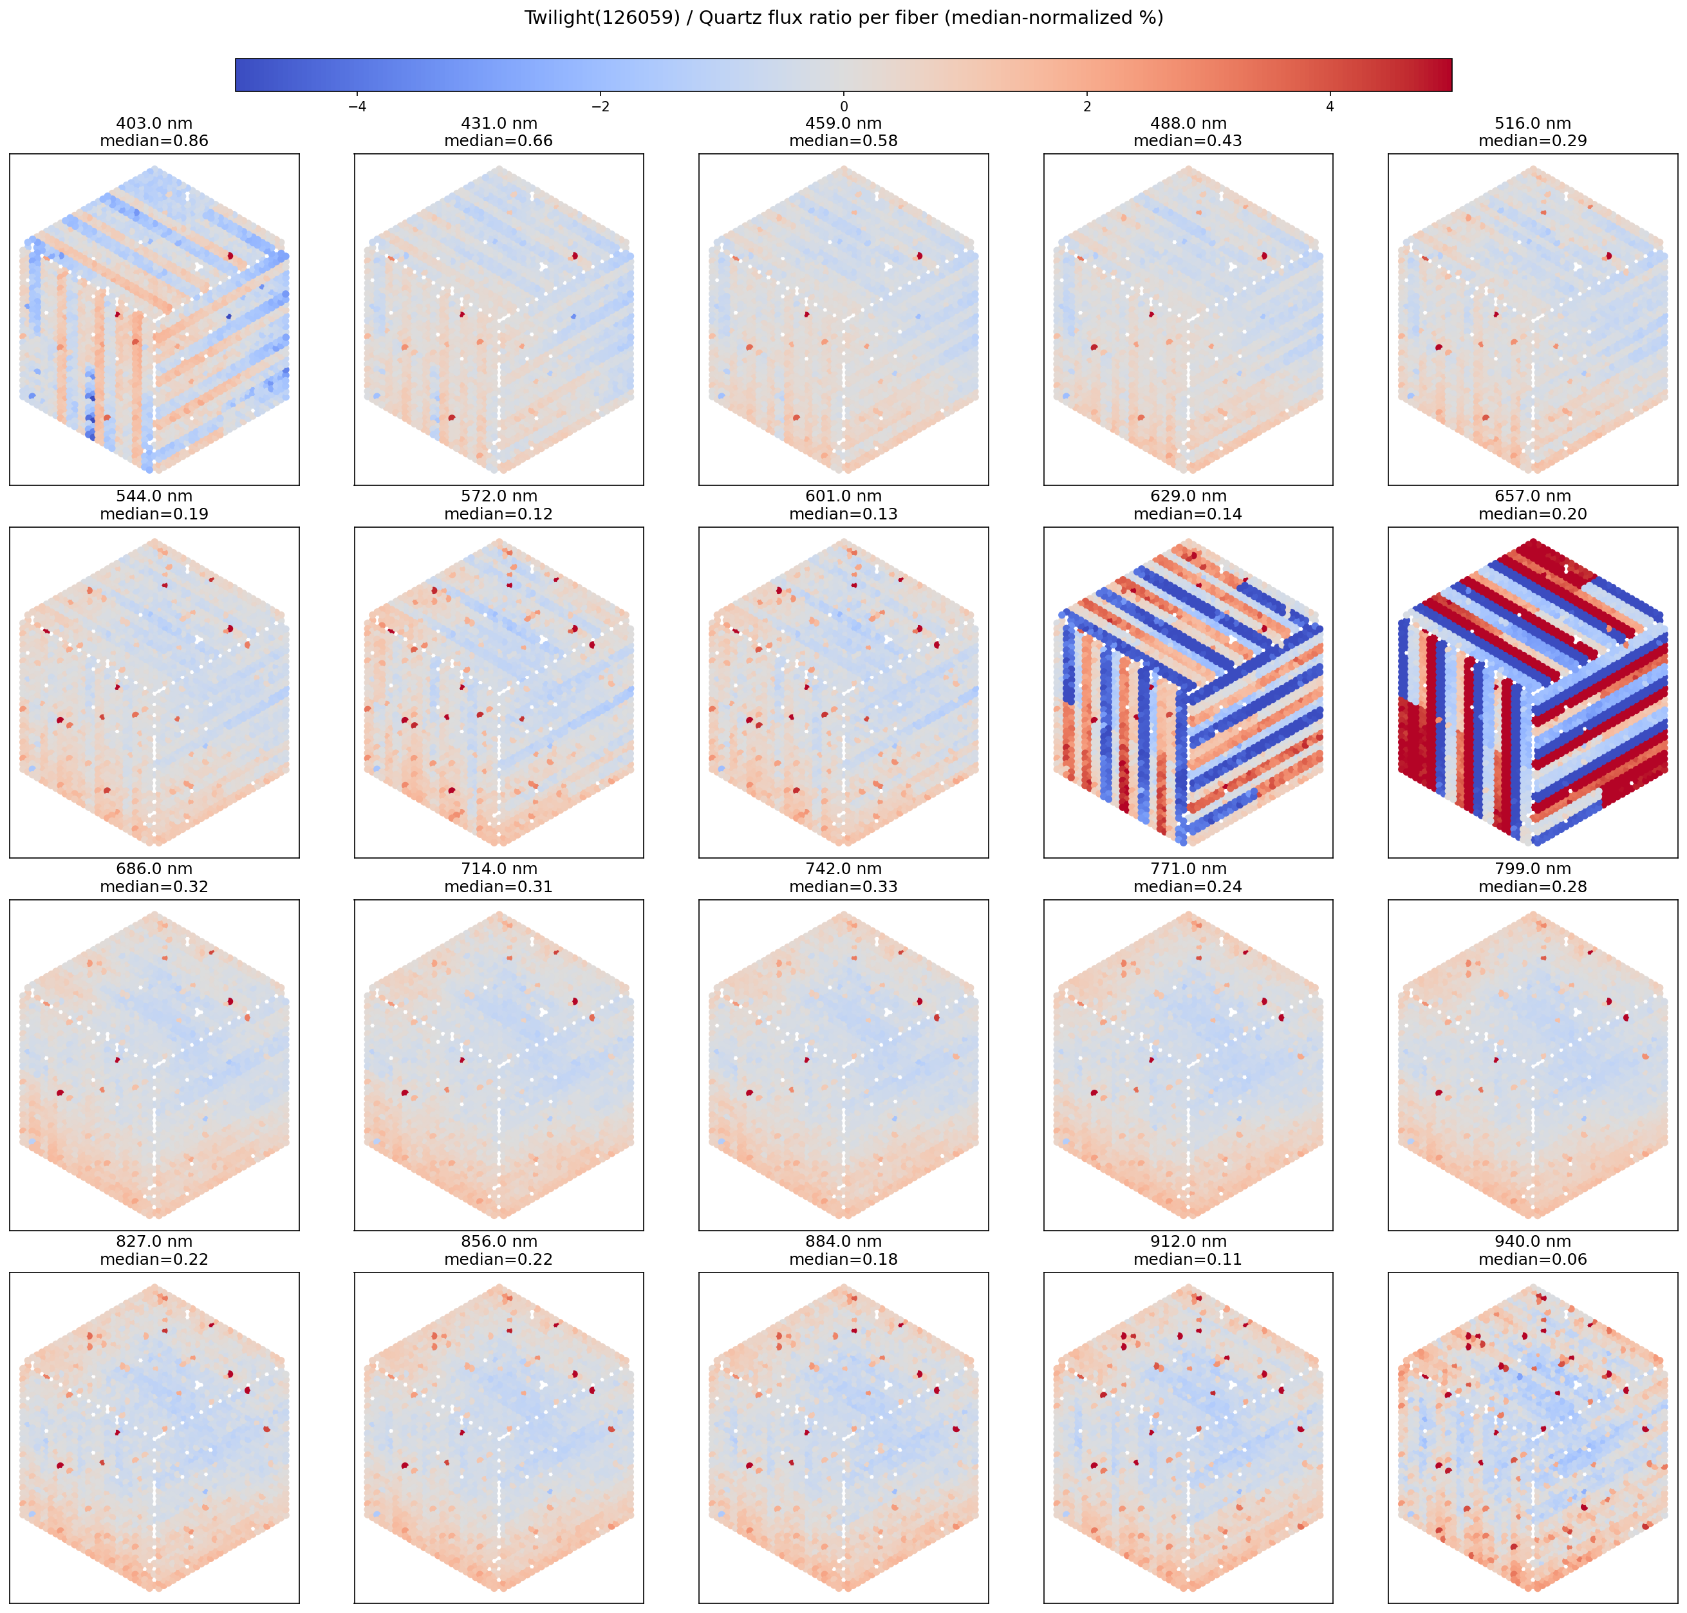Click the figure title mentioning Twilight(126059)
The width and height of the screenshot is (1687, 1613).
(843, 18)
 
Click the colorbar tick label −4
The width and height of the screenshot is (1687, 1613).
(357, 107)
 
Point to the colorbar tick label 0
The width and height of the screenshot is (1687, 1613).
(843, 107)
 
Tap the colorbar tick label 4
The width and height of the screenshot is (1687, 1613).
(1330, 107)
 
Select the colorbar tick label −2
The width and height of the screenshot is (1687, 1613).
(600, 107)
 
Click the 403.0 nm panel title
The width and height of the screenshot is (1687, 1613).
(154, 124)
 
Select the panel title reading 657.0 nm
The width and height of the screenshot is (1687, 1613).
(1533, 496)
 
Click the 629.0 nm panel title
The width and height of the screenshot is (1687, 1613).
(1188, 496)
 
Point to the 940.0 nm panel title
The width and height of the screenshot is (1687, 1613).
(1533, 1242)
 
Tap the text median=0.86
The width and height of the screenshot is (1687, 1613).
(154, 141)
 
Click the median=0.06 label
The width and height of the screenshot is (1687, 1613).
(1533, 1260)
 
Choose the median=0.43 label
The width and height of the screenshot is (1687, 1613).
(1188, 141)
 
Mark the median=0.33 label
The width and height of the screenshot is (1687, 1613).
(843, 886)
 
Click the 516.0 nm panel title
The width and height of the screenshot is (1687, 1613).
(1533, 124)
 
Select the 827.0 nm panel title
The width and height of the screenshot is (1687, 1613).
(154, 1242)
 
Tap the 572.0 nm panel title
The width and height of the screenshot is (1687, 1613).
(499, 496)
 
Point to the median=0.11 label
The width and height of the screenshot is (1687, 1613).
(1188, 1260)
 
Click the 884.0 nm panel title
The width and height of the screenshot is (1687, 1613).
(843, 1242)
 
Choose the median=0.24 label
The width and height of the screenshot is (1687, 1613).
(1188, 886)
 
